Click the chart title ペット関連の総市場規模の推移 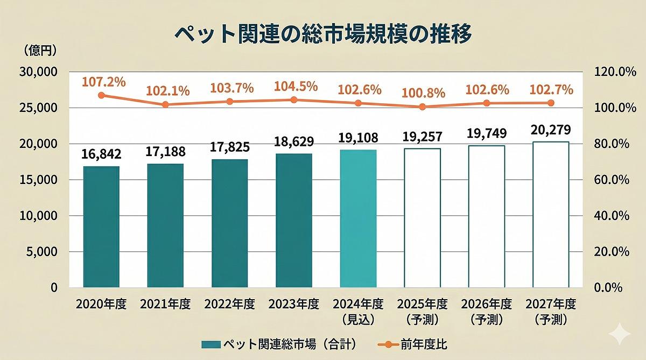pyautogui.click(x=323, y=33)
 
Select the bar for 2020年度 pyautogui.click(x=101, y=227)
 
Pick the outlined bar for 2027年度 pyautogui.click(x=550, y=214)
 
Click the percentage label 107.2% pyautogui.click(x=104, y=82)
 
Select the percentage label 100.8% pyautogui.click(x=424, y=93)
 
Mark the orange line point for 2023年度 pyautogui.click(x=294, y=100)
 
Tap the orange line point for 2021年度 pyautogui.click(x=165, y=104)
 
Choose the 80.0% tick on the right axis pyautogui.click(x=610, y=144)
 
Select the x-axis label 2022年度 pyautogui.click(x=229, y=304)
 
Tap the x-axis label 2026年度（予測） pyautogui.click(x=486, y=312)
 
